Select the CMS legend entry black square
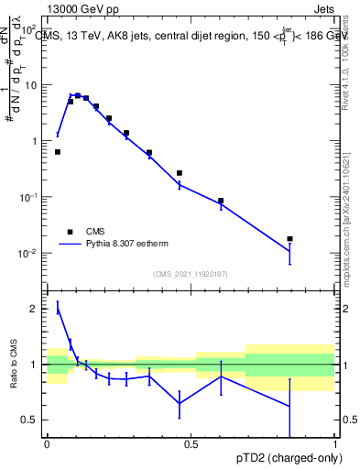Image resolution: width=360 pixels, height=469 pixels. pos(69,232)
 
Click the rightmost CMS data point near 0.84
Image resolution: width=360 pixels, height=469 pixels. pos(289,239)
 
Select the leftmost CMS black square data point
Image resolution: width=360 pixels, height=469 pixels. pos(58,152)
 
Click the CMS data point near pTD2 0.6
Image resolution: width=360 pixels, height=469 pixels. pos(221,201)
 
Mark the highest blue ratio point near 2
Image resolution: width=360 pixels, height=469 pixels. pos(58,308)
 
